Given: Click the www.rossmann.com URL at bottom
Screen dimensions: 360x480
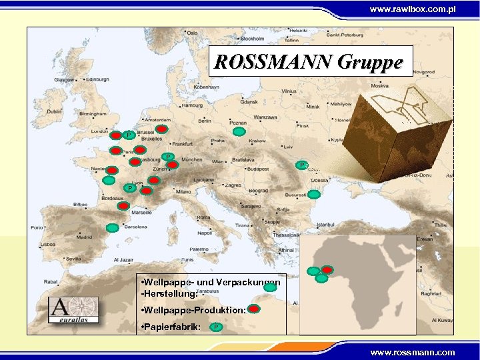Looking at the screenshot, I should [x=413, y=352].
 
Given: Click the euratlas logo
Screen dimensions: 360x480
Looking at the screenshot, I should [x=73, y=309].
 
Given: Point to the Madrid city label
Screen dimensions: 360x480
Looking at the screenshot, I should [x=84, y=237].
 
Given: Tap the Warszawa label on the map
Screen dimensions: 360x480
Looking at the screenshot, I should [x=265, y=117].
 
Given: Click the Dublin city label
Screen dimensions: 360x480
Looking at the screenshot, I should [x=54, y=112].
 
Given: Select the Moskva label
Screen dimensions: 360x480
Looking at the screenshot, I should [x=379, y=85].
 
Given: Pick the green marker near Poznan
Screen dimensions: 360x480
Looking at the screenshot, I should [x=239, y=132].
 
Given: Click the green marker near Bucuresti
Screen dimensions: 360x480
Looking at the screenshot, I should [x=313, y=195].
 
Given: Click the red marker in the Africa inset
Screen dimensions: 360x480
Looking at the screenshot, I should [x=327, y=269].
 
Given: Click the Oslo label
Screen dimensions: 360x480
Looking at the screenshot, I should [x=192, y=33].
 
